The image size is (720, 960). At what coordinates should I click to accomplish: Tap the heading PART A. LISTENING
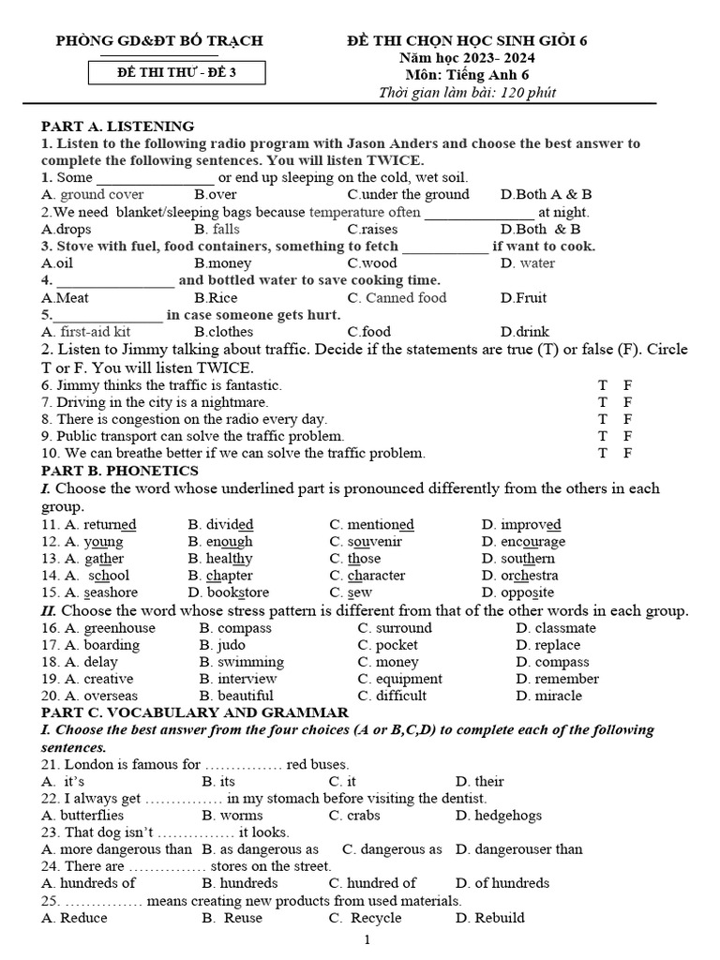(117, 126)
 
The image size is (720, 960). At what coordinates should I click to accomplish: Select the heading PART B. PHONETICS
(120, 470)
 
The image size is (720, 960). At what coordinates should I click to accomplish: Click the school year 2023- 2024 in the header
(481, 57)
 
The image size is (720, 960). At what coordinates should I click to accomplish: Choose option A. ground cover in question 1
(93, 195)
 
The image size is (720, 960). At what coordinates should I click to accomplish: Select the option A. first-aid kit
(86, 332)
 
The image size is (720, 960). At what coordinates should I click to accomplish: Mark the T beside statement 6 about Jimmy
(603, 385)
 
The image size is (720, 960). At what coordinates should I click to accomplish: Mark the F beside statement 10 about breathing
(628, 453)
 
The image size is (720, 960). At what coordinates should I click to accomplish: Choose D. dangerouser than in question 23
(518, 849)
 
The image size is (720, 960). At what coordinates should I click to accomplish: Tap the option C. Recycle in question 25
(365, 918)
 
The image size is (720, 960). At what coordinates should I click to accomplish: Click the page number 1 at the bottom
(367, 940)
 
